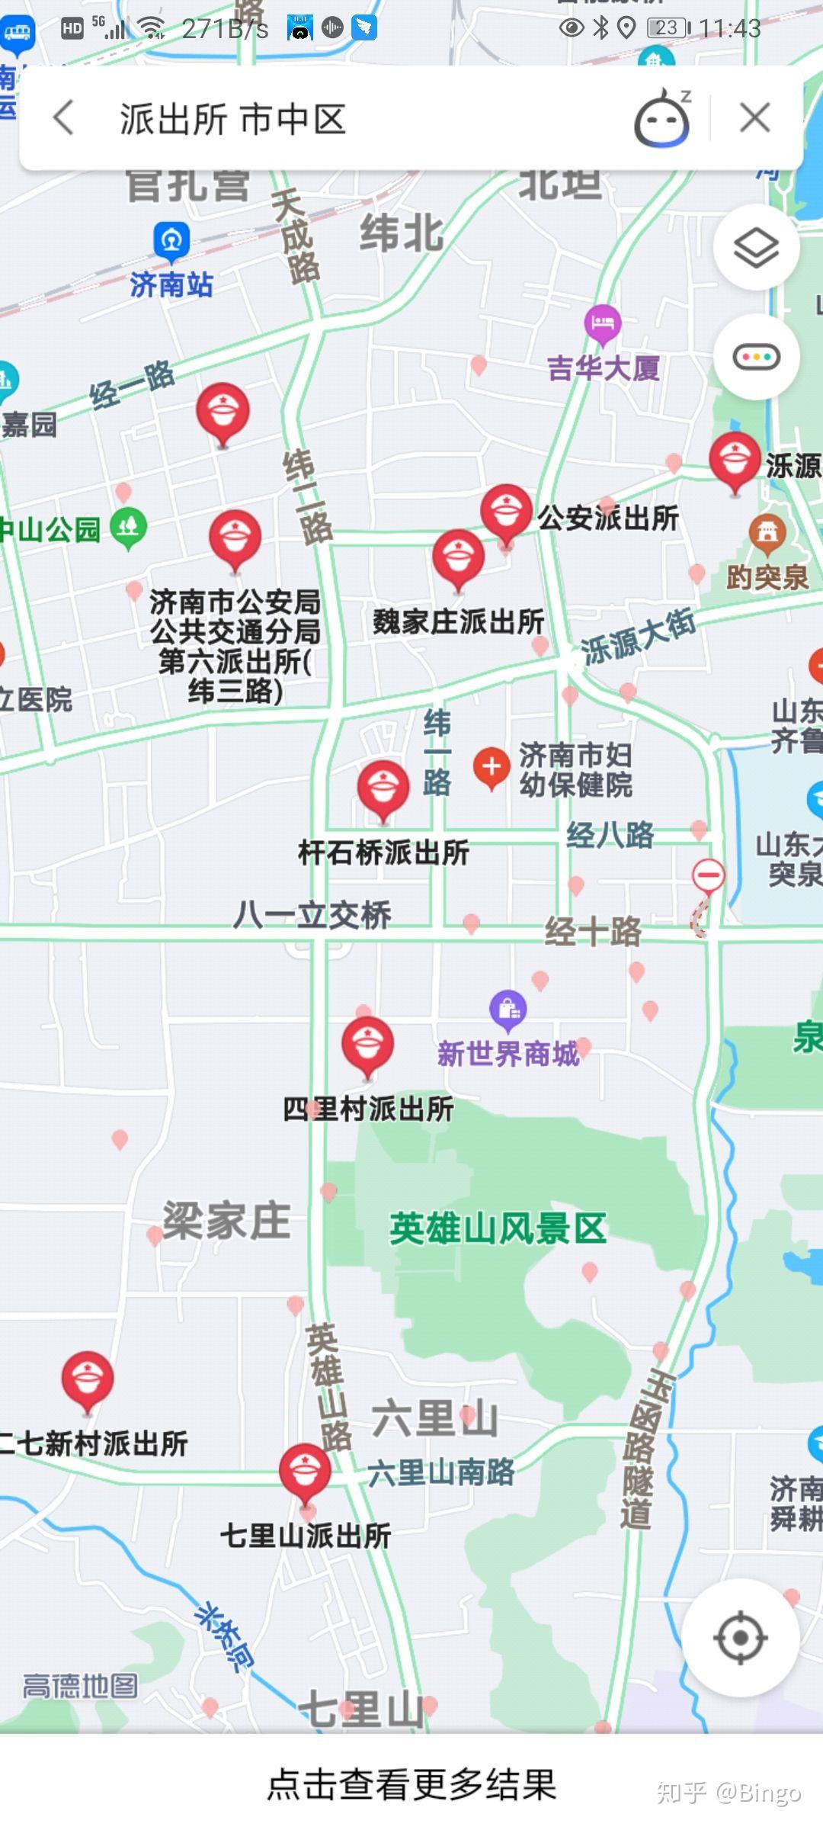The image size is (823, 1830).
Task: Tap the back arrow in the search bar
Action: tap(64, 118)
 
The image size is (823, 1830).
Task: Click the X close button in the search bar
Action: tap(754, 118)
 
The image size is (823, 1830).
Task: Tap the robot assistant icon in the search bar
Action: tap(661, 119)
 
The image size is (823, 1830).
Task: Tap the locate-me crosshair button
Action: tap(740, 1638)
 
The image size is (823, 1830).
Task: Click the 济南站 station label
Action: tap(171, 284)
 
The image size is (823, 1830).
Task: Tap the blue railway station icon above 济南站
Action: tap(171, 240)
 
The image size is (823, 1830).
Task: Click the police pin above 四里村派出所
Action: tap(367, 1044)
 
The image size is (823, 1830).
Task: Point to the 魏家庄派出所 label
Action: tap(459, 621)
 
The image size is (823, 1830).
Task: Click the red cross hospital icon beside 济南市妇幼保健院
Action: tap(492, 766)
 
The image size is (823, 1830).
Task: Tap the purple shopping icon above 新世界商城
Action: tap(508, 1009)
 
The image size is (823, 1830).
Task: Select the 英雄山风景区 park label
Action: tap(498, 1228)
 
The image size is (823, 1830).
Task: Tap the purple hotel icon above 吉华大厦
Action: tap(603, 323)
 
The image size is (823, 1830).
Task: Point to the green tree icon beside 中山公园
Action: tap(128, 526)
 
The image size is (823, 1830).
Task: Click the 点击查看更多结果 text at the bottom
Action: tap(411, 1784)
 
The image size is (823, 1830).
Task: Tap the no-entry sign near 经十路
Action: tap(708, 875)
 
